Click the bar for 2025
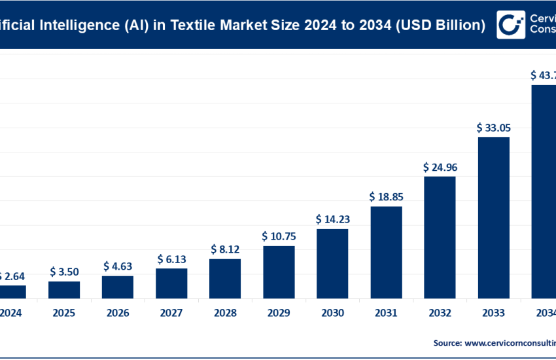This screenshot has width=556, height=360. coord(64,290)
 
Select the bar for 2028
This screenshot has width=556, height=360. coord(225,279)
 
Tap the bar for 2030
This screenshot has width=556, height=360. coord(332,264)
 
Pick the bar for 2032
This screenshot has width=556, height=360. coord(440,237)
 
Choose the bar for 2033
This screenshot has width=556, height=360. coord(493,217)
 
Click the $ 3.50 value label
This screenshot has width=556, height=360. coord(64,272)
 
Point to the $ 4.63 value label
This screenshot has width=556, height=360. coord(118,266)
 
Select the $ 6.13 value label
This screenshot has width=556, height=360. coord(171,259)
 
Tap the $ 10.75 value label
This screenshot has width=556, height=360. coord(279,236)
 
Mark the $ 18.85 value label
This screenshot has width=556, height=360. coord(386,196)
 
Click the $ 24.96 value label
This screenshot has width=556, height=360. coord(440,167)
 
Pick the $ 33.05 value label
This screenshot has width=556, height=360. coord(493,127)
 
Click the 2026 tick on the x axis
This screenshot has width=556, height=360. coord(118,314)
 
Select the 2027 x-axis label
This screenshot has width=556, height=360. coord(171,314)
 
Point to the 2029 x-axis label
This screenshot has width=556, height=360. coord(279,314)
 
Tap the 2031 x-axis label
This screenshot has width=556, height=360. coord(386,314)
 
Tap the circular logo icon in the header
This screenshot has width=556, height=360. coord(510,24)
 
